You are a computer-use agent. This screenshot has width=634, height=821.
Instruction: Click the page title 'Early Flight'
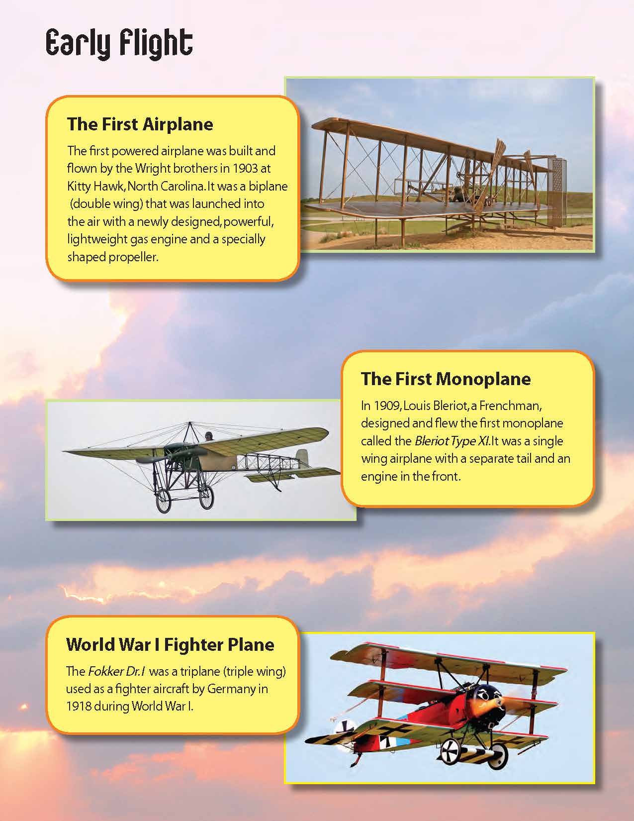click(119, 44)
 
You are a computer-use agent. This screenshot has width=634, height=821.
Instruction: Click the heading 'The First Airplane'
click(140, 124)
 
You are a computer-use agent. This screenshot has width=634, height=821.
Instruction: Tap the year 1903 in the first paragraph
click(245, 168)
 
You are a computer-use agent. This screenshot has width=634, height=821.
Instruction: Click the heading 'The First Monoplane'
click(446, 379)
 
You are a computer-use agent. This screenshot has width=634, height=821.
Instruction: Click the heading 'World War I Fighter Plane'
click(170, 644)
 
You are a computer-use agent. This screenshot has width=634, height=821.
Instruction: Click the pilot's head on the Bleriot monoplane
click(209, 436)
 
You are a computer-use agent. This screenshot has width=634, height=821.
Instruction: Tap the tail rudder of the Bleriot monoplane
click(302, 457)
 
